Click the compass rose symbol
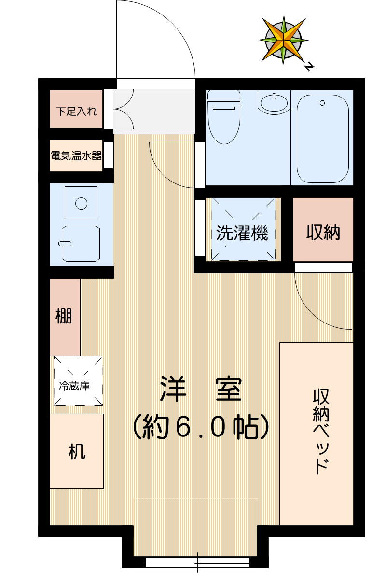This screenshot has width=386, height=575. [x=283, y=39]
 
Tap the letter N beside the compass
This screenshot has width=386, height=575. [x=308, y=67]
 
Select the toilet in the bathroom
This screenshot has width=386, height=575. [x=223, y=118]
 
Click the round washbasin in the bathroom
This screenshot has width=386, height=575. [x=274, y=102]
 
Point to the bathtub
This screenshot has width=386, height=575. [x=322, y=138]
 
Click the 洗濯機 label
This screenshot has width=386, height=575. [x=242, y=234]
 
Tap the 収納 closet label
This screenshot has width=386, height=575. [x=323, y=233]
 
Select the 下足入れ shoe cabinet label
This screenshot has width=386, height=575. [x=76, y=112]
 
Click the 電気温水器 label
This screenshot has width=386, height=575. [x=76, y=156]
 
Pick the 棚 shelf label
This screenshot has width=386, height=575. [x=64, y=317]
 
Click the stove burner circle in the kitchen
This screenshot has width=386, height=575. [x=81, y=203]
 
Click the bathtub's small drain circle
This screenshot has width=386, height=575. [x=322, y=103]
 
